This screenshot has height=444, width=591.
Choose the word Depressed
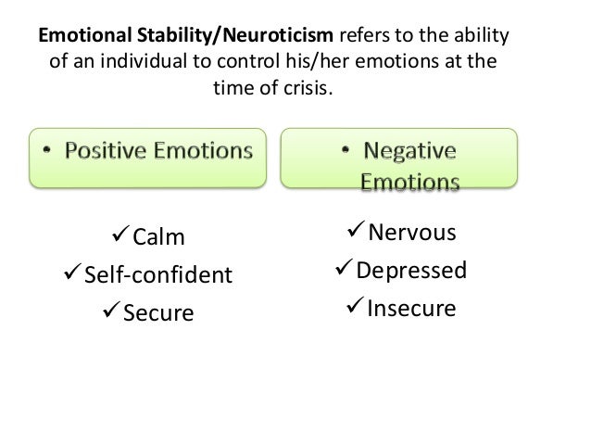[x=412, y=271]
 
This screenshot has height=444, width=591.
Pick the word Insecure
[x=411, y=308]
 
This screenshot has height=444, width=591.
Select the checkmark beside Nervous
[x=355, y=231]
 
